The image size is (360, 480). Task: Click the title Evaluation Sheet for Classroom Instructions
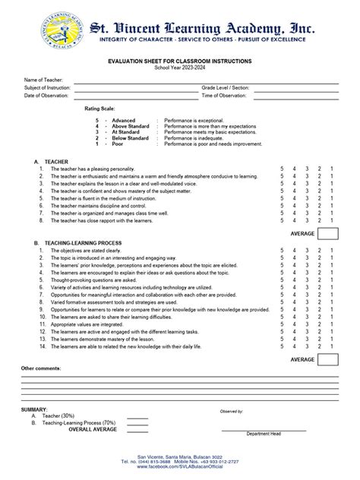coord(179,61)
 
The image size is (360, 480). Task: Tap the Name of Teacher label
coord(43,80)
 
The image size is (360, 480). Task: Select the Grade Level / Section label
coord(226,88)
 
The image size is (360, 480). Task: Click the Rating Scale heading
coord(99,109)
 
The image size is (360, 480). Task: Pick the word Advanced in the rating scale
coord(124,121)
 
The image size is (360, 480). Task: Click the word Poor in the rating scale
coord(118,144)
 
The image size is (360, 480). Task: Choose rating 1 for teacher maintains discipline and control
coord(331,206)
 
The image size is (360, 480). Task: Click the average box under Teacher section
coord(328,232)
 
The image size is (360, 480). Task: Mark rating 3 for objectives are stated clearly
coord(307,250)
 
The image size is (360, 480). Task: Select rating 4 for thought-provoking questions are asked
coord(294,280)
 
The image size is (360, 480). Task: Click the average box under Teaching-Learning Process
coord(328,359)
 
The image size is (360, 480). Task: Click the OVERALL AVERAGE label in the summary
coord(93,429)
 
